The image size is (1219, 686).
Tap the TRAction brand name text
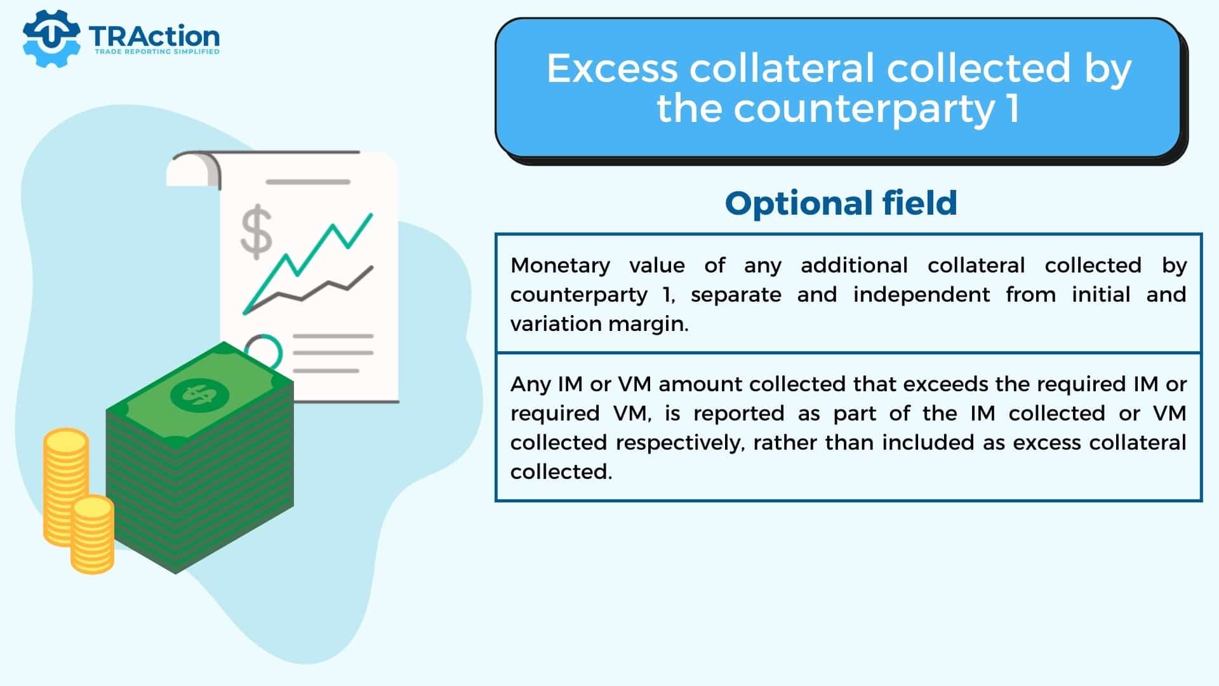pos(154,36)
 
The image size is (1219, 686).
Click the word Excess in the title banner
pos(612,68)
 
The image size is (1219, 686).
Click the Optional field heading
pos(841,203)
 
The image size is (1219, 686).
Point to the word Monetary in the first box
pos(561,266)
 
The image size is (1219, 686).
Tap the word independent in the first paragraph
pos(921,295)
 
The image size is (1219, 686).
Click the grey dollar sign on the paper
pos(256,232)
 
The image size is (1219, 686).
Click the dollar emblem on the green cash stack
pos(199,394)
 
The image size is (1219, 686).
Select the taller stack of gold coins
pos(65,487)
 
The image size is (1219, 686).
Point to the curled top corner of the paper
pos(194,169)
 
